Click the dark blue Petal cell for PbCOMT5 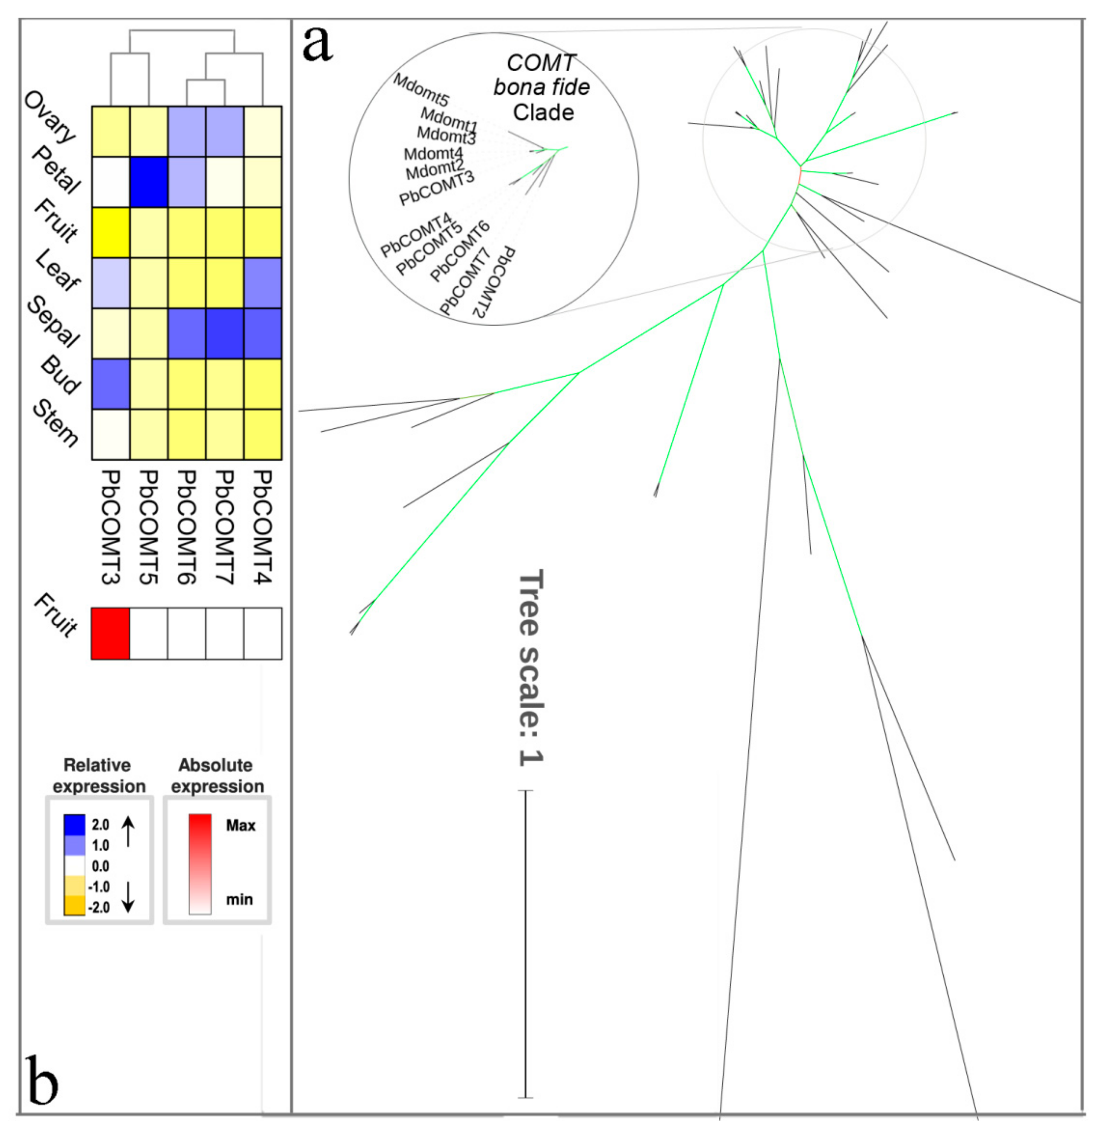tap(148, 182)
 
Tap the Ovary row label tap(50, 117)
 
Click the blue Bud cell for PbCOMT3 tap(110, 384)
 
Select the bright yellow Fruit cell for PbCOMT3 tap(110, 233)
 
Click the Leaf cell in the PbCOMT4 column tap(263, 283)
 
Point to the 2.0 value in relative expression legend tap(101, 825)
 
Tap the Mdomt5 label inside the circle tap(420, 89)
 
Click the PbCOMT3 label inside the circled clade tap(437, 187)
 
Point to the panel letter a tap(318, 44)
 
